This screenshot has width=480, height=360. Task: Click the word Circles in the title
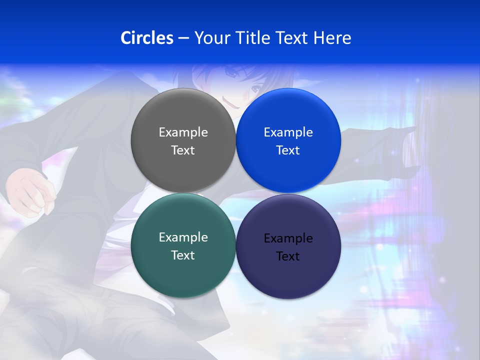click(146, 38)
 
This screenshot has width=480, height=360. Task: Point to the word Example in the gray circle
click(183, 132)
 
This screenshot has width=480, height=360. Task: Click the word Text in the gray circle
click(183, 150)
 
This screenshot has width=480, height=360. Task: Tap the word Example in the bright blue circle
click(288, 132)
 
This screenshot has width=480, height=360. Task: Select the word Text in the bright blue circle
click(288, 150)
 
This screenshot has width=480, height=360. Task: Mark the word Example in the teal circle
click(183, 237)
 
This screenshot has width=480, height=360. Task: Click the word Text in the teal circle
click(183, 255)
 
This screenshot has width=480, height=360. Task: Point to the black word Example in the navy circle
click(288, 238)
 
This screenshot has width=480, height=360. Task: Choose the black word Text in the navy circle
click(288, 256)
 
